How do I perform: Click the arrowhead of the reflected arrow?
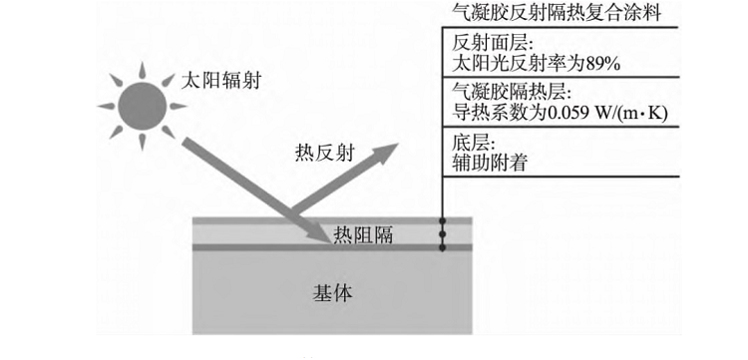click(x=389, y=149)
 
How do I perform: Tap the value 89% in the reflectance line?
click(x=603, y=65)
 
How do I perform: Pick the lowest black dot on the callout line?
click(x=442, y=245)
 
